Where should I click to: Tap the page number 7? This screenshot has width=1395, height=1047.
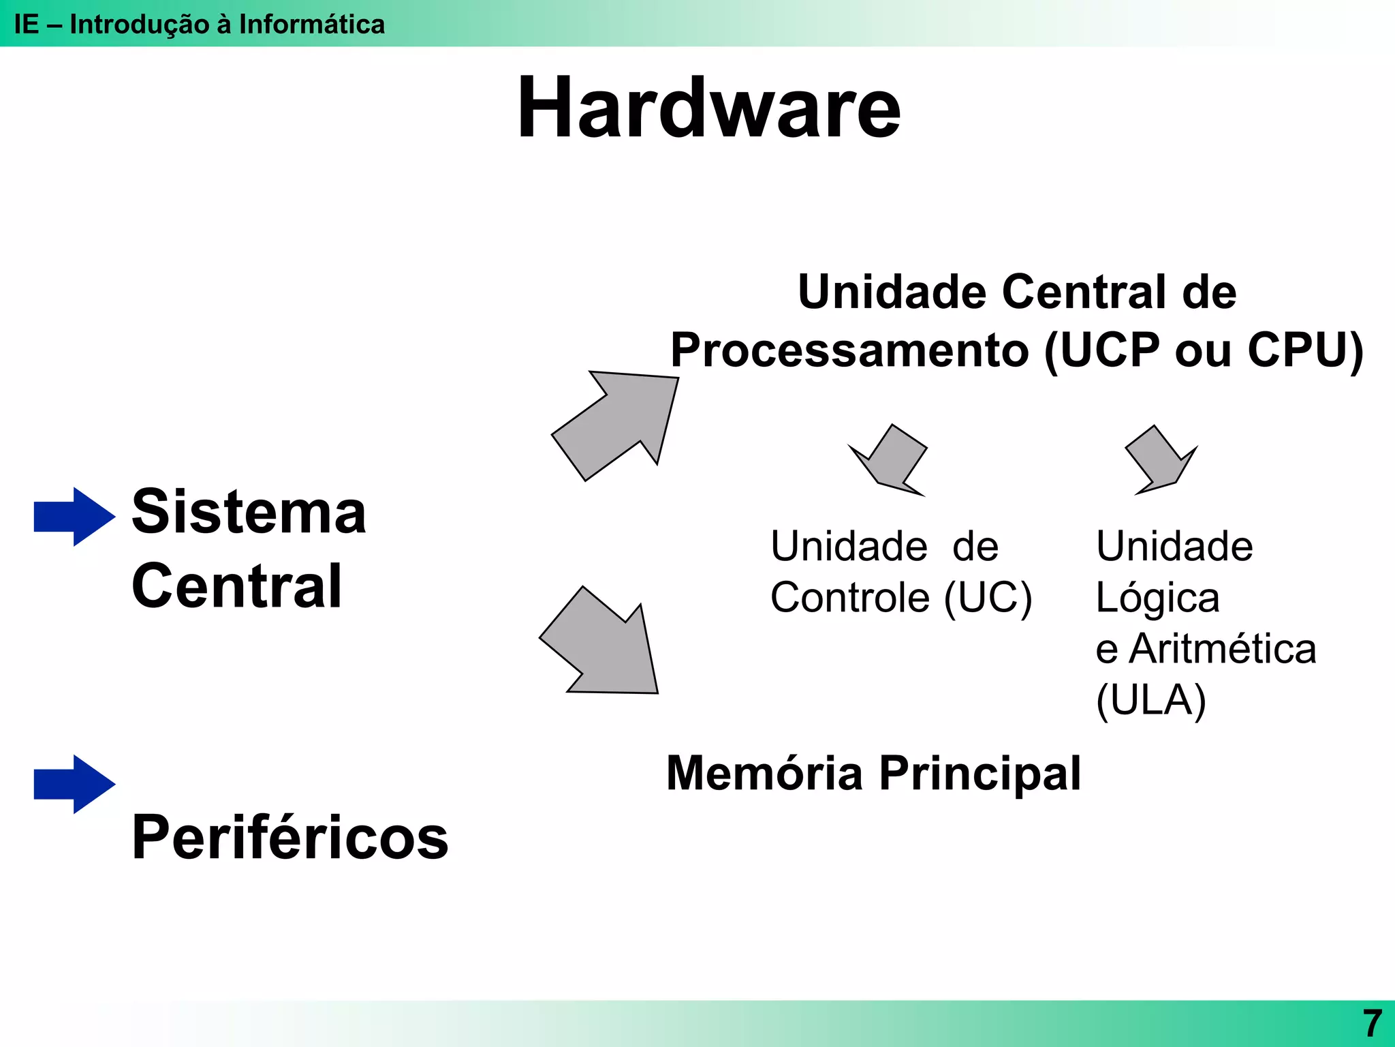[1372, 1023]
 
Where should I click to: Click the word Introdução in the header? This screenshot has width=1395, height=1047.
[140, 25]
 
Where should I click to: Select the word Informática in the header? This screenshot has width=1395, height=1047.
[311, 25]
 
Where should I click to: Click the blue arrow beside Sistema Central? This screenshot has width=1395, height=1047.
[74, 517]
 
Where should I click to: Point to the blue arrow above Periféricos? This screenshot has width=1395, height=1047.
[74, 784]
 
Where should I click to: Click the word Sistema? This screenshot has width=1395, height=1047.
[249, 513]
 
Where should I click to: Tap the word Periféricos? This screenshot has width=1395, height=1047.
[289, 838]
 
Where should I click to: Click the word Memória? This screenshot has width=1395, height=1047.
[764, 774]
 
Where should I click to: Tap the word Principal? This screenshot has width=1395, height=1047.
[979, 774]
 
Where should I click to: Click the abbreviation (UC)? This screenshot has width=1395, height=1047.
[988, 598]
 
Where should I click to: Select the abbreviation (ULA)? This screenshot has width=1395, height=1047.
[1150, 701]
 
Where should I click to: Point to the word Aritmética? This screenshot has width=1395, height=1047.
[1222, 649]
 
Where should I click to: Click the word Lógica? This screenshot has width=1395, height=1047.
[1157, 598]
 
